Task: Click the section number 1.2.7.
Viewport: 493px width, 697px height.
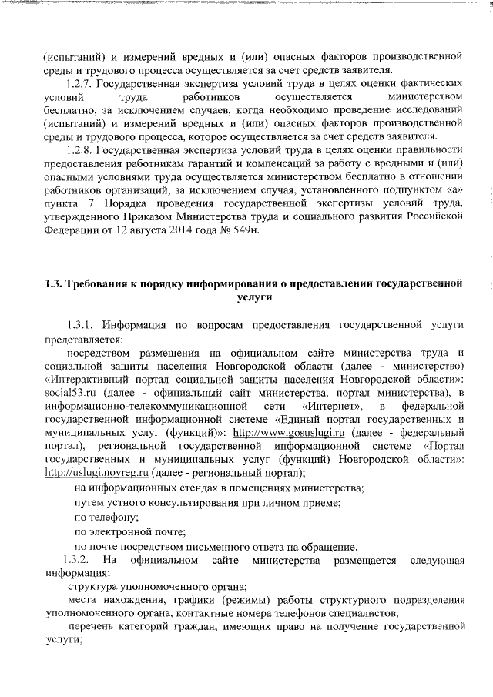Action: coord(81,83)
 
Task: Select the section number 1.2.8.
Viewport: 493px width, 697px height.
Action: coord(81,149)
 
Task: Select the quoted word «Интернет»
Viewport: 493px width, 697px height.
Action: coord(332,407)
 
